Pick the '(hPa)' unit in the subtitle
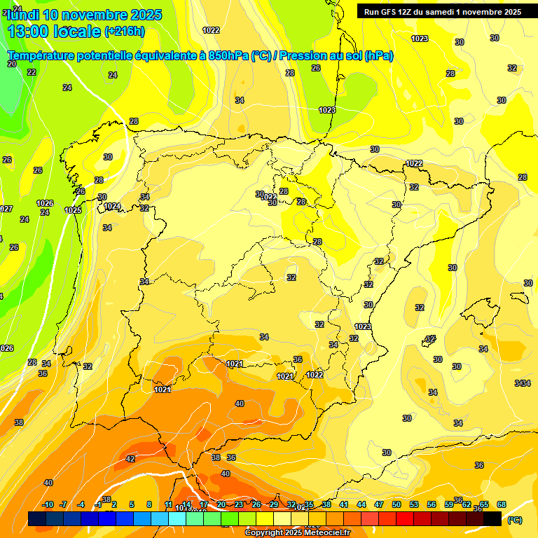[378, 56]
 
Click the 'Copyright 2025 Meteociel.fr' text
[297, 533]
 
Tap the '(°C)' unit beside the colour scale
[514, 520]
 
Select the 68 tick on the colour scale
[502, 504]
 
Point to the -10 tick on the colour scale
[48, 504]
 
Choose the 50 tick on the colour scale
[396, 504]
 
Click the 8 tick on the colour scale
[149, 504]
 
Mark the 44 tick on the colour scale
[361, 504]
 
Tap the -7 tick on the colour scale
[63, 504]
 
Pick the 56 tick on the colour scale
[432, 504]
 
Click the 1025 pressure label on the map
[73, 210]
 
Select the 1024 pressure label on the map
[112, 206]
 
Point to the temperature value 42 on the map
[130, 459]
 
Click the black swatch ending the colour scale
[493, 518]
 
